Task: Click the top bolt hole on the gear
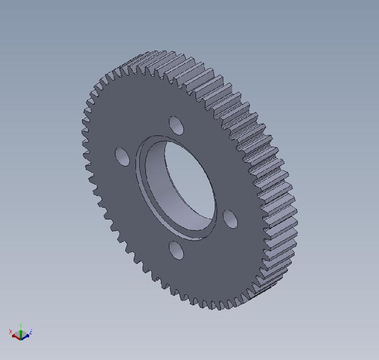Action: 176,126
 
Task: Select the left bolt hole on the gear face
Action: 122,157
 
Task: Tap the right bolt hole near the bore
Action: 230,219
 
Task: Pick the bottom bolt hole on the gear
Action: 176,250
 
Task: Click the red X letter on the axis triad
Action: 10,331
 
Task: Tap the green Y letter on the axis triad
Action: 21,325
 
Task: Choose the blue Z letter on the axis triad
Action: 31,331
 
